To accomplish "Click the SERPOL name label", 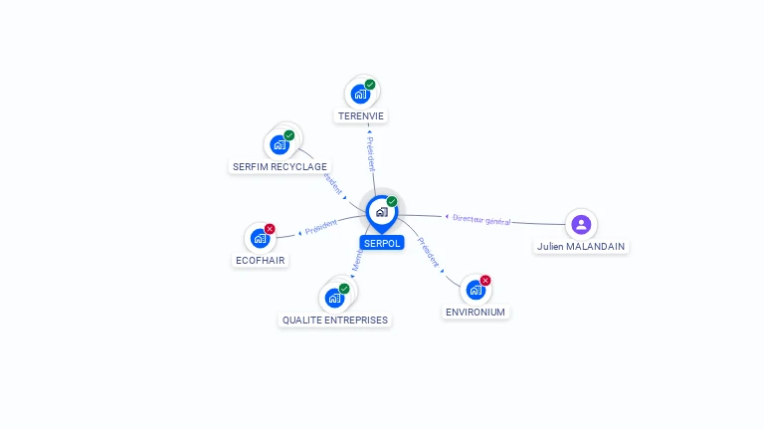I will click(382, 243).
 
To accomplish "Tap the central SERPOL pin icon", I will click(381, 212).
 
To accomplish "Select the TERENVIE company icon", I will click(361, 95).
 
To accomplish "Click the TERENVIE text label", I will click(361, 116).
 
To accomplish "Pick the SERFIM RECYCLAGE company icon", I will click(281, 145).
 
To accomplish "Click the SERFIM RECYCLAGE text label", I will click(280, 167).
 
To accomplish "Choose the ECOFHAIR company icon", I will click(260, 239).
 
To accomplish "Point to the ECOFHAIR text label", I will click(262, 261).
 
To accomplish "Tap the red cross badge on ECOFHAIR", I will click(270, 229).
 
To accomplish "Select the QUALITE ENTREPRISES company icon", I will click(334, 298).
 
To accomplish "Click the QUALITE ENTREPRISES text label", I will click(335, 321).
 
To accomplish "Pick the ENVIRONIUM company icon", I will click(476, 290).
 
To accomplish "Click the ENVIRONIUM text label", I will click(476, 313).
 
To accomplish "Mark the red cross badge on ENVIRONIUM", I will click(485, 281).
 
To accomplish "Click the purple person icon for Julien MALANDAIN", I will click(581, 224).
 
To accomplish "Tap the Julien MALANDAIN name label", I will click(582, 246).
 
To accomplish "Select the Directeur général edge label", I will click(481, 220).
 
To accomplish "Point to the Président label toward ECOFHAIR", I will click(321, 227).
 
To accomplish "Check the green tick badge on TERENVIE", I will click(370, 85).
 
